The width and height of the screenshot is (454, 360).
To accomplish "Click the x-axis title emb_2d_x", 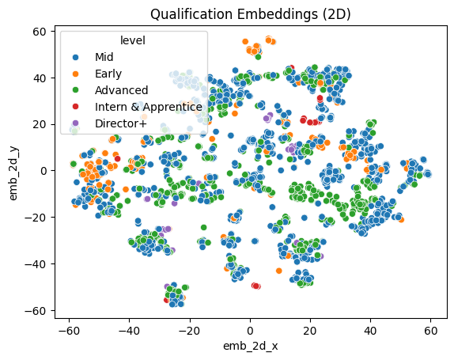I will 249,346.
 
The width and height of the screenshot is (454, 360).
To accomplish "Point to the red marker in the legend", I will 75,106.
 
